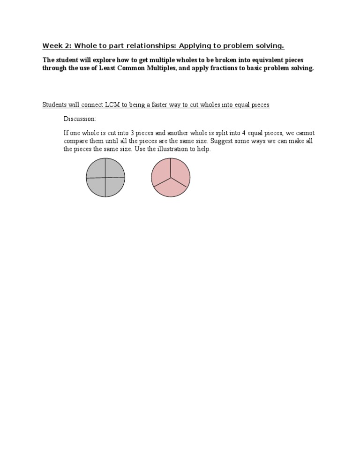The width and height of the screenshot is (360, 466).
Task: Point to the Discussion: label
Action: coord(80,119)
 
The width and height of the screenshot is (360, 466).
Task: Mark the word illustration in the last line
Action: coord(181,149)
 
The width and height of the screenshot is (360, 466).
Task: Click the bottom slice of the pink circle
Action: coord(171,188)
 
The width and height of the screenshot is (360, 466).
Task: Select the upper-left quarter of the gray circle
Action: coord(96,168)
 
